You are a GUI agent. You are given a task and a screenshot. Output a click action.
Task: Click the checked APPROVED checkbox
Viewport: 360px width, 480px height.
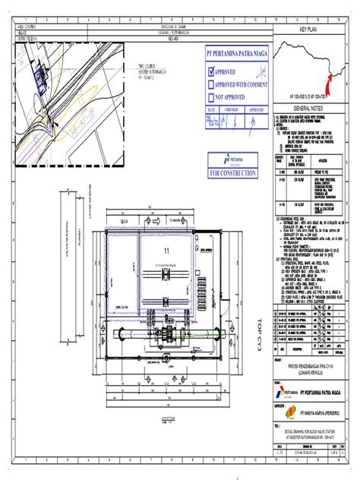[x=213, y=72]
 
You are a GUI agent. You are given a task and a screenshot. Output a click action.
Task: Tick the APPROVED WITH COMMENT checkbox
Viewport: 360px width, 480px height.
[x=213, y=85]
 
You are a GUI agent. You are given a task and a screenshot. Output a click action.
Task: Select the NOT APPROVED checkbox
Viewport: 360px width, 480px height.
[x=213, y=98]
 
